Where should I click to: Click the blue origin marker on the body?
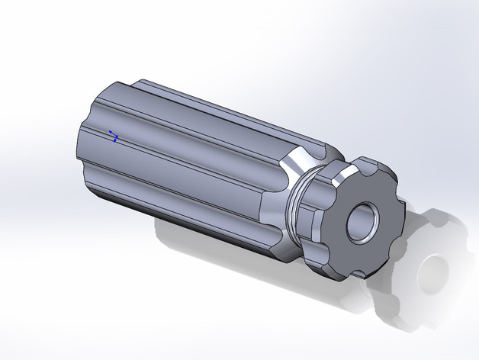click(x=114, y=137)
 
